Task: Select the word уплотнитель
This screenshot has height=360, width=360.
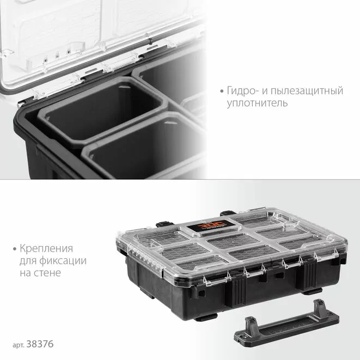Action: point(257,103)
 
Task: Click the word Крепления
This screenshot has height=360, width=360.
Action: point(46,249)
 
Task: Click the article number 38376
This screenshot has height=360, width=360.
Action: point(40,344)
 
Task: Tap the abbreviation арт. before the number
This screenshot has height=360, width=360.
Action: point(19,345)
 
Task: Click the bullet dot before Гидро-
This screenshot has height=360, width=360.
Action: point(222,91)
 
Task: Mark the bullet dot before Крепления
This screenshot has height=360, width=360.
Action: point(15,249)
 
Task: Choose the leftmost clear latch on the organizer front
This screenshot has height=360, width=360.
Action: point(217,279)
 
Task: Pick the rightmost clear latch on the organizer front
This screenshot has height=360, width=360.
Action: point(326,255)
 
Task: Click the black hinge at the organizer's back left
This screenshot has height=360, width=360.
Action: point(164,224)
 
